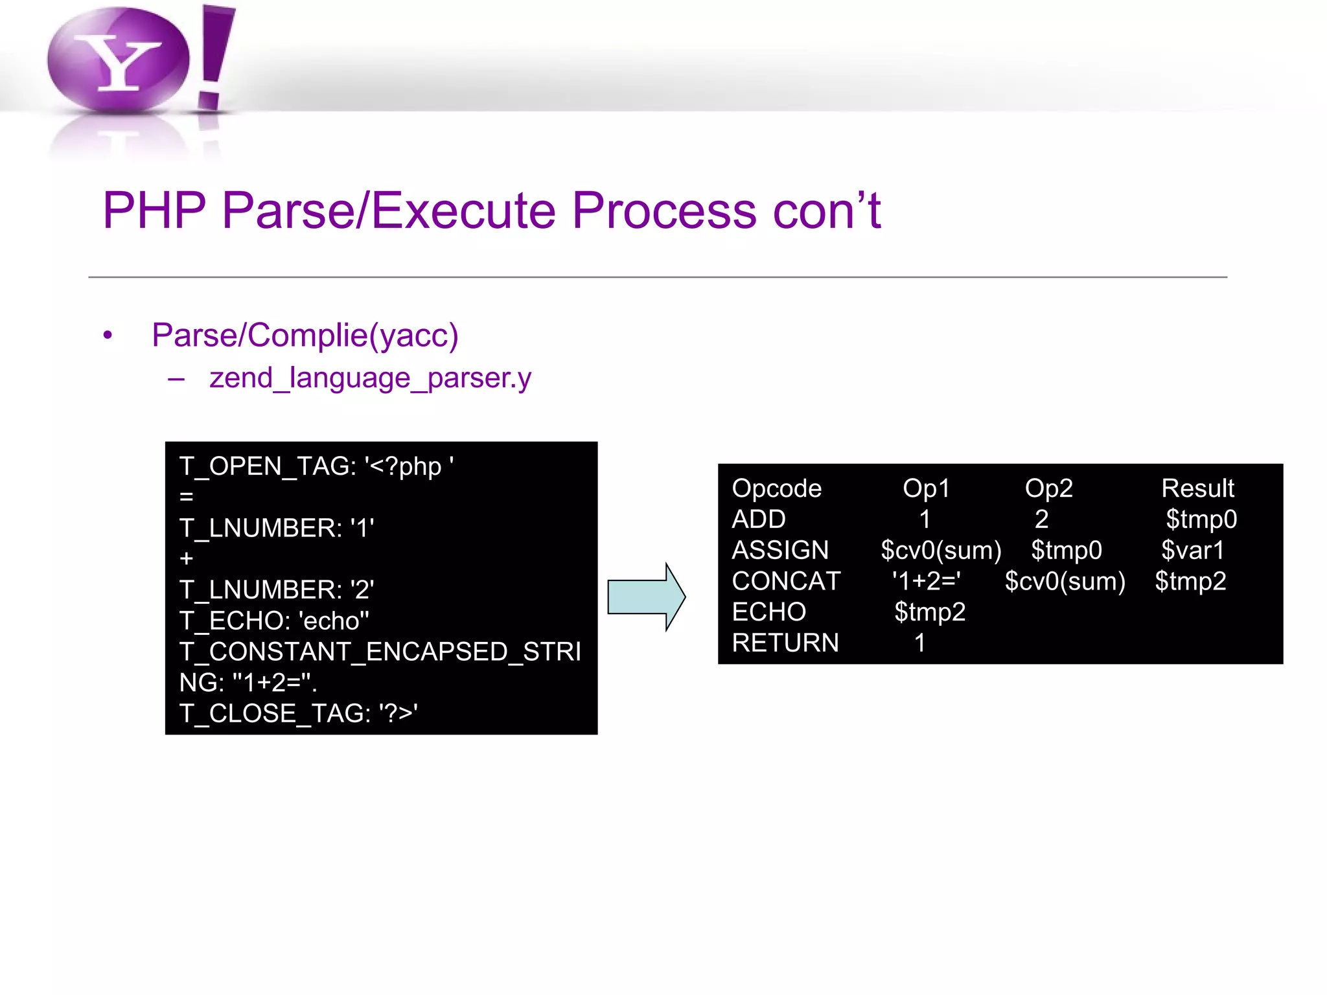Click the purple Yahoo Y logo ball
tap(118, 60)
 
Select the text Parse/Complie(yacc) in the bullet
tap(305, 335)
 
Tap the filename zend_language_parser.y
tap(370, 378)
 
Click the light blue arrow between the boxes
tap(645, 597)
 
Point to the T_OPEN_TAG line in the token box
tap(316, 466)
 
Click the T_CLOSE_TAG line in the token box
tap(298, 713)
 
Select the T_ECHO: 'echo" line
tap(274, 621)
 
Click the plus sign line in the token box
tap(187, 558)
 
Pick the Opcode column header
tap(776, 488)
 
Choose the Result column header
tap(1197, 488)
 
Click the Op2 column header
tap(1048, 488)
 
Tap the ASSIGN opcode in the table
tap(780, 551)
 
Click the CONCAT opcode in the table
tap(786, 581)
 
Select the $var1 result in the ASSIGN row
tap(1192, 551)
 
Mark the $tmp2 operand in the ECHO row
tap(930, 612)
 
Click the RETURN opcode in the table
tap(785, 643)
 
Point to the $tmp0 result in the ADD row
tap(1201, 520)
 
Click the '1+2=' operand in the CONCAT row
tap(926, 581)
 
